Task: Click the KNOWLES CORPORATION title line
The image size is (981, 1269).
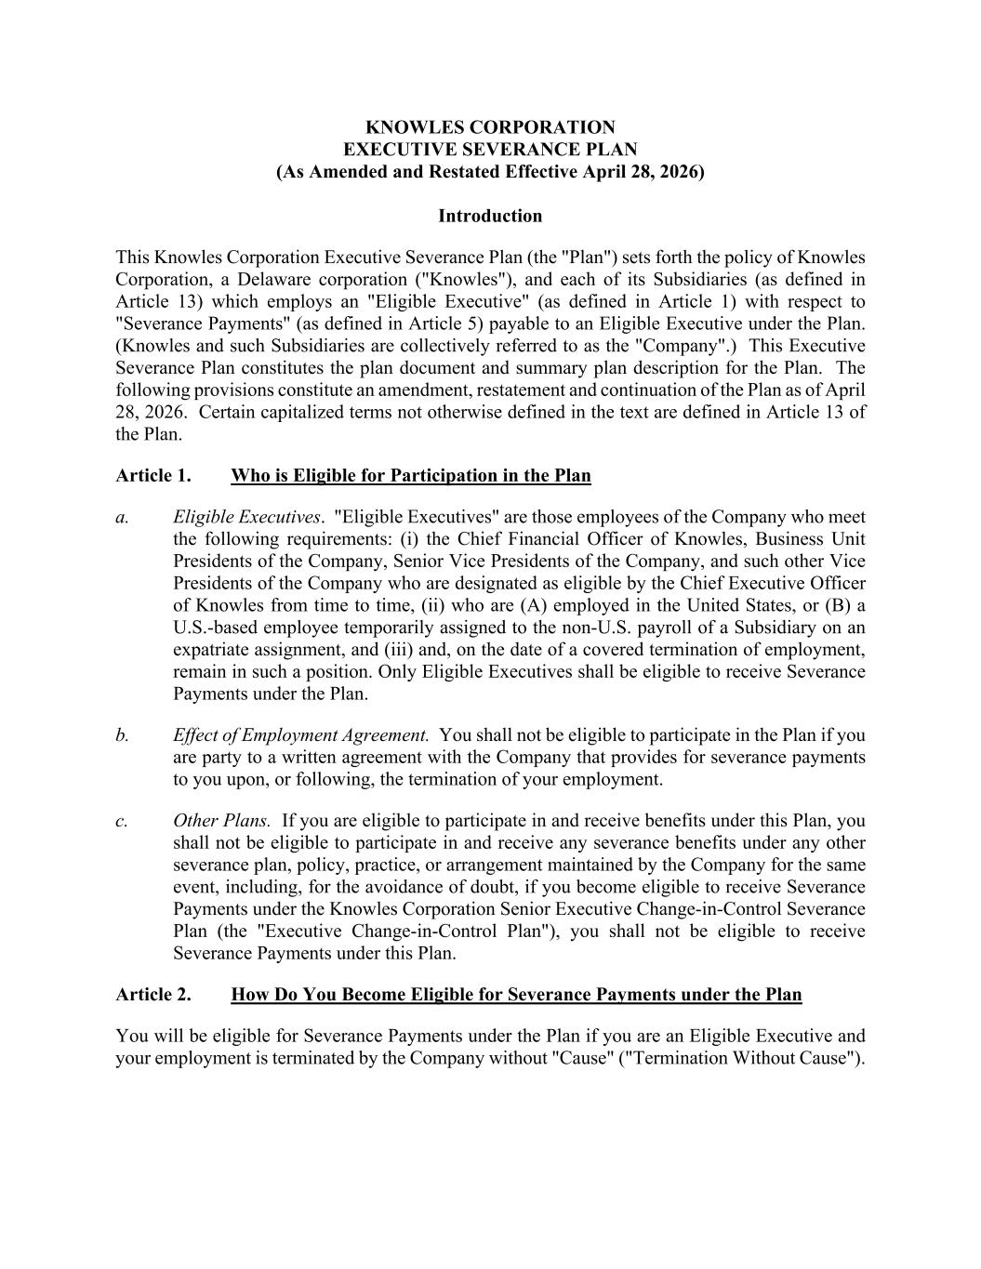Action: pyautogui.click(x=490, y=127)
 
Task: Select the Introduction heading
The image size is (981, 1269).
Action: pyautogui.click(x=490, y=216)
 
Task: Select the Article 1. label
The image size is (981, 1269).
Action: pyautogui.click(x=153, y=476)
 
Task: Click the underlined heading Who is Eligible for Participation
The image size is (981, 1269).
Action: pyautogui.click(x=410, y=476)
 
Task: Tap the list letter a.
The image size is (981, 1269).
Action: pyautogui.click(x=122, y=517)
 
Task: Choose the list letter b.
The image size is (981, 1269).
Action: pyautogui.click(x=122, y=735)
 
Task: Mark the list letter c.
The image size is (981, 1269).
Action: pyautogui.click(x=122, y=821)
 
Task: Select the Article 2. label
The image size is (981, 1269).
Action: pyautogui.click(x=153, y=995)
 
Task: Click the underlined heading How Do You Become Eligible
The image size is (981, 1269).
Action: pyautogui.click(x=516, y=995)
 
